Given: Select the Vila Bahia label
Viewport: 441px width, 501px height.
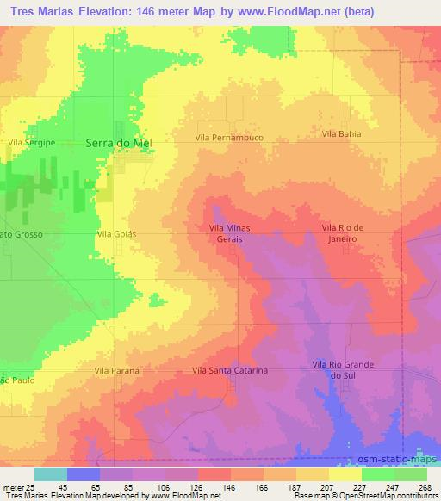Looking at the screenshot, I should (x=341, y=134).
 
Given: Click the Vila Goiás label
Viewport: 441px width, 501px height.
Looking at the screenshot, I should (x=118, y=233).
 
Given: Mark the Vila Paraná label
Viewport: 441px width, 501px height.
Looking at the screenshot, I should (x=112, y=370).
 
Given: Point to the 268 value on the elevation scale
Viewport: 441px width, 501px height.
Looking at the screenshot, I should (x=423, y=486).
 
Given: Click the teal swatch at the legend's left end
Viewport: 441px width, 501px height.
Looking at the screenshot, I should (x=50, y=474).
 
